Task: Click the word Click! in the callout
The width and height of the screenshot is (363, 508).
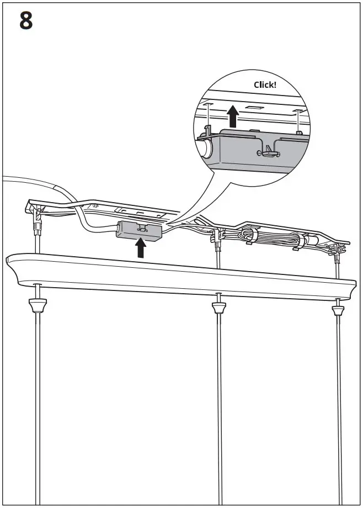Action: click(265, 84)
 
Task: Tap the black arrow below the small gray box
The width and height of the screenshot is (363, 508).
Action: click(141, 248)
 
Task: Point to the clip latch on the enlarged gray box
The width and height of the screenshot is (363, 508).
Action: click(267, 149)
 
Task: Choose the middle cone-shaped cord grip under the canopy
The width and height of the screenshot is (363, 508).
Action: click(219, 307)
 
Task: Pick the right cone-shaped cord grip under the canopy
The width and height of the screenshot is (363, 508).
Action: click(337, 309)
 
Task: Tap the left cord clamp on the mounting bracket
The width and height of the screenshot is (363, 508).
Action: click(38, 218)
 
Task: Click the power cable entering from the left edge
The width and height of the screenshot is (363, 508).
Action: click(22, 180)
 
